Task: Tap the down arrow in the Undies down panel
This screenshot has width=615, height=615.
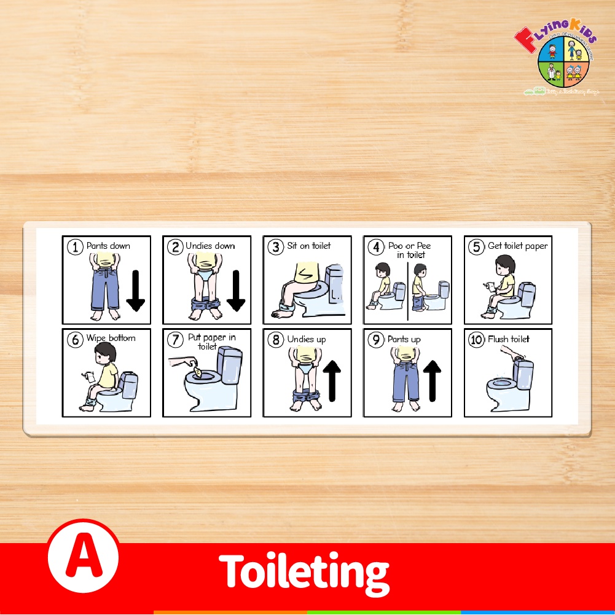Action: (x=236, y=289)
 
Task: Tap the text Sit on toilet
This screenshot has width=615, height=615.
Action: (x=308, y=246)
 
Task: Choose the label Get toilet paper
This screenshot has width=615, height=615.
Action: (x=517, y=246)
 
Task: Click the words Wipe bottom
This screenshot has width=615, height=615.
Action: (x=111, y=338)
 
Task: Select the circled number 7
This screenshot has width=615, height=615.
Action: (x=176, y=340)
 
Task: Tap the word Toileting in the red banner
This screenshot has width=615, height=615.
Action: (x=304, y=571)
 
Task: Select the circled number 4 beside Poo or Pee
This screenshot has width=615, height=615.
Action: (x=376, y=248)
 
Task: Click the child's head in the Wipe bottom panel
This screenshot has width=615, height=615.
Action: (x=105, y=355)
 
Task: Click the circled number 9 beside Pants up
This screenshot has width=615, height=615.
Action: (x=376, y=340)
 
